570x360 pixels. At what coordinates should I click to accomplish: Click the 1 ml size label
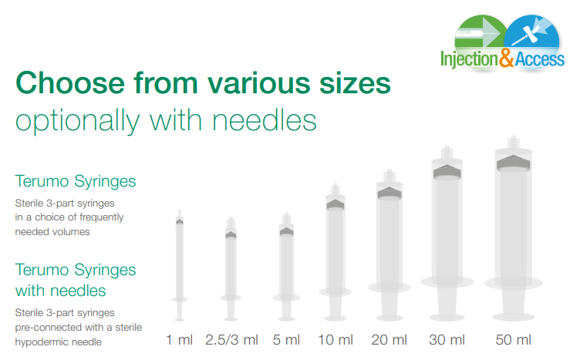[x=179, y=340]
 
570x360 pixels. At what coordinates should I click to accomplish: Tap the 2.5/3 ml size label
[x=231, y=340]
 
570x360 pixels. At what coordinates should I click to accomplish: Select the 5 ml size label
[x=286, y=340]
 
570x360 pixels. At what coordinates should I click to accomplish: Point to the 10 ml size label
[x=336, y=340]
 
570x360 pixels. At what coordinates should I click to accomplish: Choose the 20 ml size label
[x=389, y=340]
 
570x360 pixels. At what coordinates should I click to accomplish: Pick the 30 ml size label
[x=447, y=340]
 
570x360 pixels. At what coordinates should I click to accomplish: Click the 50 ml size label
[x=513, y=340]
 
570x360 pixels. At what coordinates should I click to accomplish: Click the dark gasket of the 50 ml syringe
[x=513, y=163]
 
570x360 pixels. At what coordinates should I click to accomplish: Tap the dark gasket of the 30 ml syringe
[x=447, y=172]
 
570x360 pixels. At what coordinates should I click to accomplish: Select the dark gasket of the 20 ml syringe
[x=390, y=193]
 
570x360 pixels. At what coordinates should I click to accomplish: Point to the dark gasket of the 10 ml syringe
[x=336, y=205]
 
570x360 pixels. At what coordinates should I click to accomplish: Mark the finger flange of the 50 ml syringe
[x=513, y=283]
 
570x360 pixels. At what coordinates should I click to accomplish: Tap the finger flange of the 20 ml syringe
[x=390, y=288]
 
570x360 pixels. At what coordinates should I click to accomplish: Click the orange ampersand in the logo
[x=507, y=58]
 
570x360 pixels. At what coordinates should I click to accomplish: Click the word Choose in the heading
[x=70, y=83]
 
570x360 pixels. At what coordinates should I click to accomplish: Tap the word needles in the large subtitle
[x=265, y=120]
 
